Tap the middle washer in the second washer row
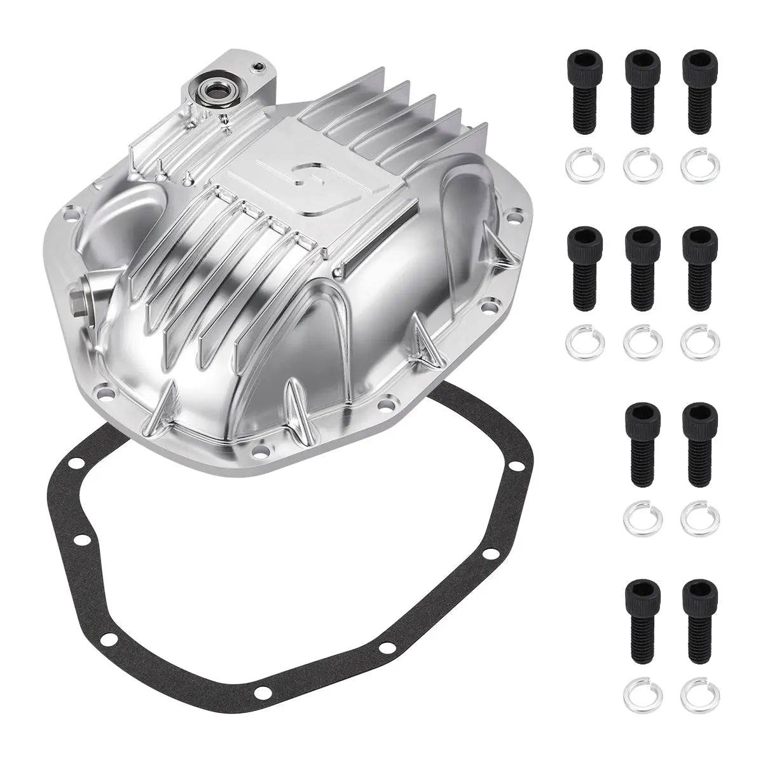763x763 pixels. pos(642,342)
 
